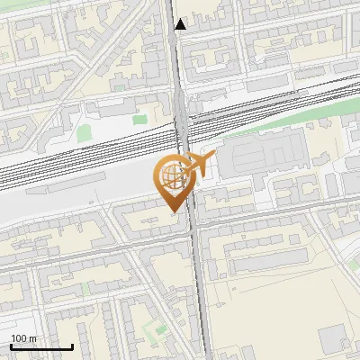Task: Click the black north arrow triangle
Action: coord(181,24)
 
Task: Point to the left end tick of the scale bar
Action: coord(11,346)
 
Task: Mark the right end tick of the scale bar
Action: coord(72,346)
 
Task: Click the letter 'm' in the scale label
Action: coord(32,339)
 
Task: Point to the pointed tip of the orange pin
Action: coord(172,211)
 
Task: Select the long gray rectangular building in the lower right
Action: coord(270,266)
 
